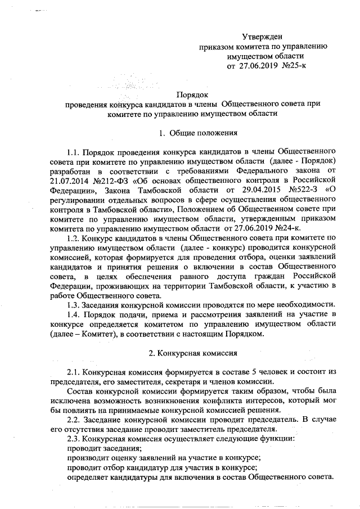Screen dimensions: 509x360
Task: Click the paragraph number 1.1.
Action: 73,151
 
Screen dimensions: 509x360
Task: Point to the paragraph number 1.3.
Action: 73,304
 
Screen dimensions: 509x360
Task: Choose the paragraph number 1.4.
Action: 73,313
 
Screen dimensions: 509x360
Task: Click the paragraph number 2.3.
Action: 73,438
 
